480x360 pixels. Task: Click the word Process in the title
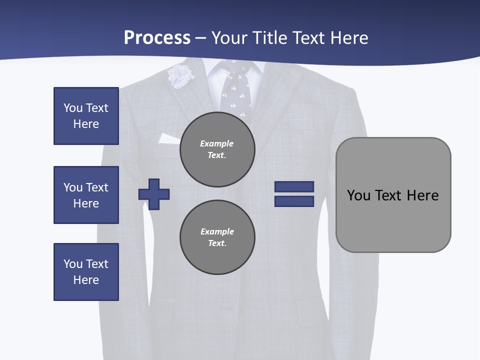pos(157,38)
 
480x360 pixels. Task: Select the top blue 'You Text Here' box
pos(86,116)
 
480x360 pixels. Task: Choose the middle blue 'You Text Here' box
pos(86,195)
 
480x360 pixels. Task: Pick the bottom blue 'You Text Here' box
pos(86,272)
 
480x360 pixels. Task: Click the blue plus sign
pos(154,194)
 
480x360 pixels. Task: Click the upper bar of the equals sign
pos(294,186)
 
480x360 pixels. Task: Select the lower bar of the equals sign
pos(294,201)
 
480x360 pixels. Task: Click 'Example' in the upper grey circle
pos(217,143)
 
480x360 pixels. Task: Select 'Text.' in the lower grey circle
pos(217,243)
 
